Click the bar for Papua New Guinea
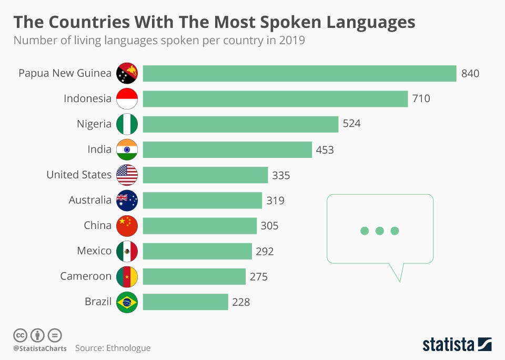click(299, 73)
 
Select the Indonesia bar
click(275, 98)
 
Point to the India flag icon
click(127, 149)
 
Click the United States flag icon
click(127, 175)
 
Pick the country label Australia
click(90, 200)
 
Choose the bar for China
click(199, 225)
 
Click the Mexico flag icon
click(127, 251)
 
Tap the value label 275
click(258, 276)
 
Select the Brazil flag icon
click(127, 302)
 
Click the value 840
click(470, 74)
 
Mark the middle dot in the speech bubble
click(379, 231)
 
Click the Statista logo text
click(448, 345)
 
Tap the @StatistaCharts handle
click(40, 348)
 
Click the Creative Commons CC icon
click(20, 335)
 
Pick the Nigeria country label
click(94, 124)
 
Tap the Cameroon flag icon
click(127, 276)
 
